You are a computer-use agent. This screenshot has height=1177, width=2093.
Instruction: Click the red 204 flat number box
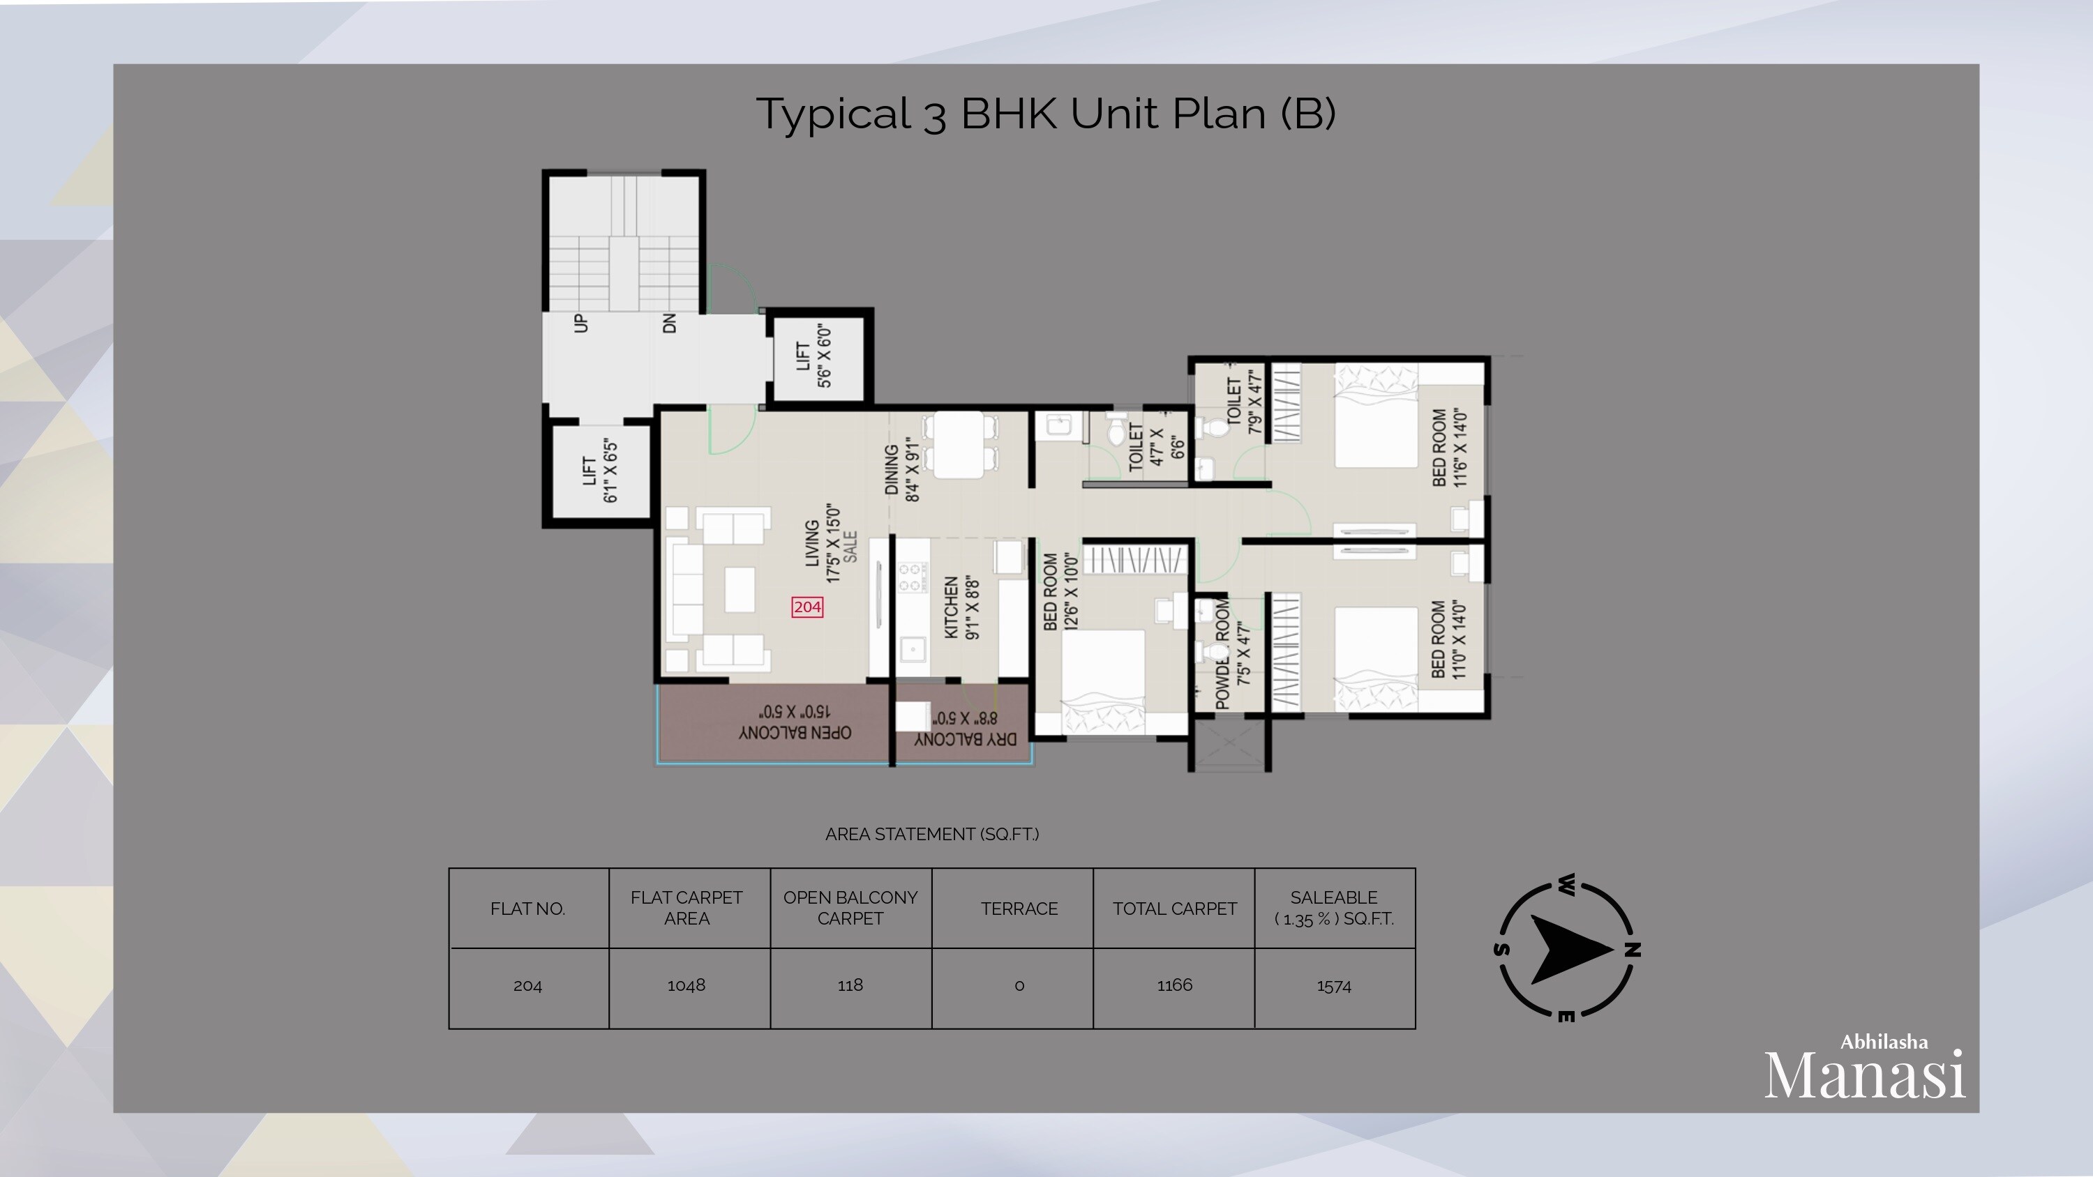coord(807,607)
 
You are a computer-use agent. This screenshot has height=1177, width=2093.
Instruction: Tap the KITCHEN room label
coord(962,607)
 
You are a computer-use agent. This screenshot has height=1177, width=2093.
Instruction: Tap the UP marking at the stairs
coord(581,324)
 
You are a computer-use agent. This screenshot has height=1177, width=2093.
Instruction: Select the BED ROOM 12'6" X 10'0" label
coord(1060,591)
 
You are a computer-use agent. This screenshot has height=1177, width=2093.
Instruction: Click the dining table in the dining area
coord(959,444)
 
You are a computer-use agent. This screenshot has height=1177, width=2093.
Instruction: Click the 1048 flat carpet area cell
coord(686,985)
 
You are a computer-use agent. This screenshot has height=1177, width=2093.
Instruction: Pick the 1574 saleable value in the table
coord(1333,986)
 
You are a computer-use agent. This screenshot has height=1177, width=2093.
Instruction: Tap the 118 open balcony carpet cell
coord(850,985)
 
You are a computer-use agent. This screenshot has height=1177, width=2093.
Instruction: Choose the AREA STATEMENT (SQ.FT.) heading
coord(932,834)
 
